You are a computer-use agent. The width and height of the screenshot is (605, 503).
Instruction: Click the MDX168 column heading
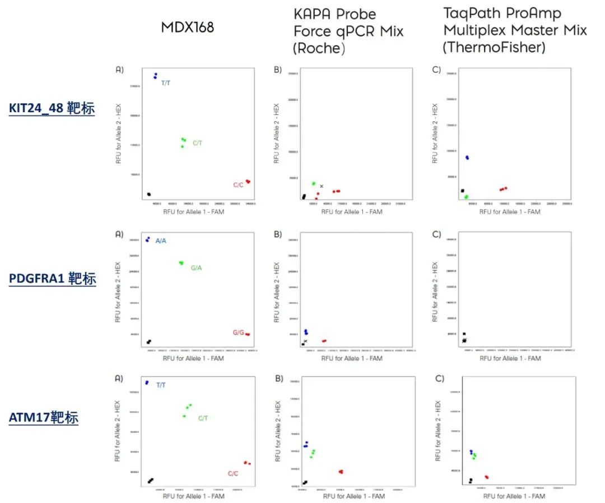point(187,27)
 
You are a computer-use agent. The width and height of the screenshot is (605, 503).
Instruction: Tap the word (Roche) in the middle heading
point(319,49)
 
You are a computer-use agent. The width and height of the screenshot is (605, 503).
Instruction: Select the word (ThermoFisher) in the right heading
point(494,47)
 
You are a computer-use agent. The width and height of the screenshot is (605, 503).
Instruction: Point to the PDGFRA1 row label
point(52,279)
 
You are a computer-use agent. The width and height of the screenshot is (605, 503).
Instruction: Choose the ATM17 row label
point(43,417)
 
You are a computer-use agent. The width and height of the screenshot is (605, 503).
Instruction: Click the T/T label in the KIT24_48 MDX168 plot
point(166,83)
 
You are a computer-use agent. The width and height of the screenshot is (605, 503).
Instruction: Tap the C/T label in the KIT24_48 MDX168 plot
point(198,143)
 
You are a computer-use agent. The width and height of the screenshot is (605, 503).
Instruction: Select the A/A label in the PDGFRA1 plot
point(161,241)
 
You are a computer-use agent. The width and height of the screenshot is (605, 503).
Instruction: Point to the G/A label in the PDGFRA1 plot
point(196,268)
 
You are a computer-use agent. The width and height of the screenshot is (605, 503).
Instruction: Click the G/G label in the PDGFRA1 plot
point(238,333)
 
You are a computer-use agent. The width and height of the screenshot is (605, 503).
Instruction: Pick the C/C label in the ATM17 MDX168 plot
point(233,473)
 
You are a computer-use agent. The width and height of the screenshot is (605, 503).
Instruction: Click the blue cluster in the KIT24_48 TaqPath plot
point(467,158)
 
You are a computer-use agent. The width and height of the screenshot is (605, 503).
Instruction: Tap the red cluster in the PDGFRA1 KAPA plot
point(324,341)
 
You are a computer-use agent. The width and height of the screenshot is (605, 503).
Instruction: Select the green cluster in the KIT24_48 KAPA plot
point(314,183)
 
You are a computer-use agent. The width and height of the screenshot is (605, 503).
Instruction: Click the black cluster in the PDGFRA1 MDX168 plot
point(149,342)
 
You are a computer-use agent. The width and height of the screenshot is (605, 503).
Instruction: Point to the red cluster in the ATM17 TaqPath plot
point(487,477)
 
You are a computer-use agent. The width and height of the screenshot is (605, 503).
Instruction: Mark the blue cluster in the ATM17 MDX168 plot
point(147,382)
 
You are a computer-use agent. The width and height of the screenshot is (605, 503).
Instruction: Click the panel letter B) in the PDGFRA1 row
point(278,234)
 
